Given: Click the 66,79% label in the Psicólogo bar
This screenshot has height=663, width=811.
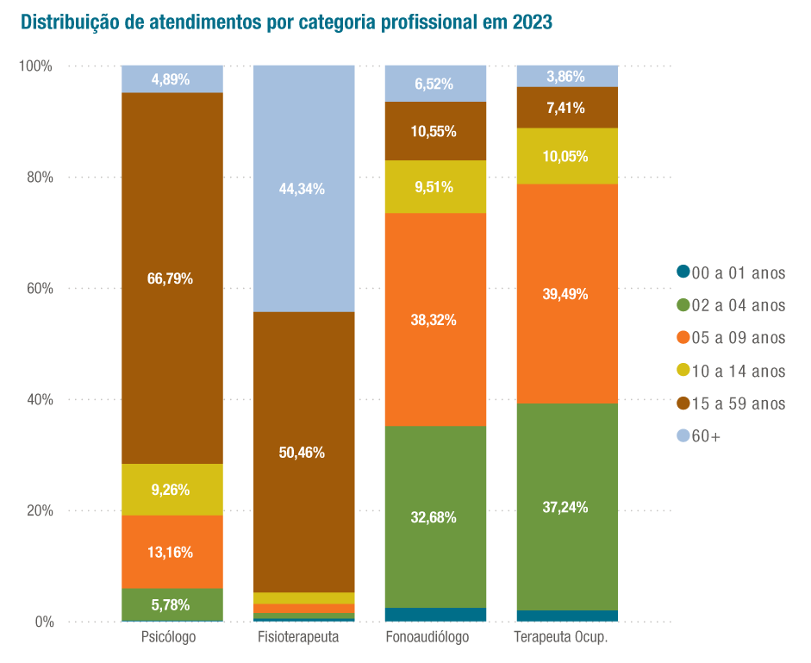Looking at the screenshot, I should click(171, 278).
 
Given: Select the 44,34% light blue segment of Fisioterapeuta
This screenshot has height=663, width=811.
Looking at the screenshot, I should click(303, 189).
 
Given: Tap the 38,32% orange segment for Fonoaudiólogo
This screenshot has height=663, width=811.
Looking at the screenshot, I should click(434, 320).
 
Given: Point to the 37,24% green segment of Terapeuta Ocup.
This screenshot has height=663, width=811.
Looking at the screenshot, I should click(566, 507).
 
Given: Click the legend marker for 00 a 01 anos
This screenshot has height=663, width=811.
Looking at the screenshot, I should click(683, 272).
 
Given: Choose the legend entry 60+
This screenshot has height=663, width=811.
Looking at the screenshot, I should click(706, 436).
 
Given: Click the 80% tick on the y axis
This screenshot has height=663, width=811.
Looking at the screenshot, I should click(36, 178).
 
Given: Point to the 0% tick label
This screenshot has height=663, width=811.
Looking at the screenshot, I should click(41, 622).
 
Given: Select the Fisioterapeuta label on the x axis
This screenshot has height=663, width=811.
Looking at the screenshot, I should click(298, 638).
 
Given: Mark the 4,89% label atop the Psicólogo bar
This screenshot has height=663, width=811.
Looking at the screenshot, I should click(171, 79).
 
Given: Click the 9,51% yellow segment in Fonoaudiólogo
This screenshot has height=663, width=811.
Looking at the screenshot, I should click(434, 186).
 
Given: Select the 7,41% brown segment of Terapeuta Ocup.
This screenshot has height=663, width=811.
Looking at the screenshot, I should click(566, 108).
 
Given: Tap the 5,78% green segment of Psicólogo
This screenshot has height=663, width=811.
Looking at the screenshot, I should click(171, 604).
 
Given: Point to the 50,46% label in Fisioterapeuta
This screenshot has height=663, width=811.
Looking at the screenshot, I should click(303, 452).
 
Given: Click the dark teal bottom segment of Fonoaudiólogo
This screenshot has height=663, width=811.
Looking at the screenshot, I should click(435, 615).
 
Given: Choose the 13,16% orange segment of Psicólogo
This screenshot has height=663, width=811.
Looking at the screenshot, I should click(171, 552).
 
